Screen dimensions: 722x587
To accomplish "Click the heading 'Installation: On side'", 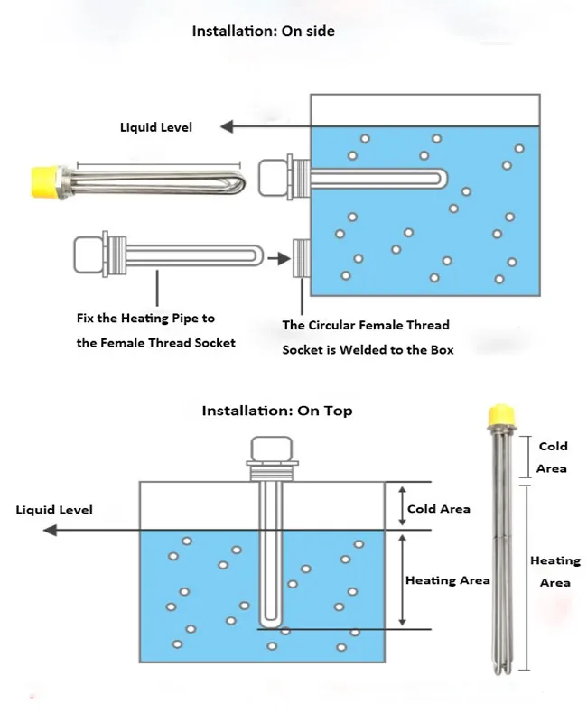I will coord(263,32).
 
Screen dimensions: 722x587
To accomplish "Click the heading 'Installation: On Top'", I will coord(276,411).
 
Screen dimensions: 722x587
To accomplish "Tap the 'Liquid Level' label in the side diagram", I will coord(156,127).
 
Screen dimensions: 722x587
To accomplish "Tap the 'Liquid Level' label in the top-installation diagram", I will coord(54,510).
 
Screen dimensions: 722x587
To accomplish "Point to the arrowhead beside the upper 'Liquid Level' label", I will coord(229,127).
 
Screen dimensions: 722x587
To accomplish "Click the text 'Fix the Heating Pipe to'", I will coord(145,319).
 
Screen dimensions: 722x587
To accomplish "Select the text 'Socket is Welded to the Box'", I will coord(368,349).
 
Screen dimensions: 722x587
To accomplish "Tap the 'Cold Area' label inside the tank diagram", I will coord(438,509).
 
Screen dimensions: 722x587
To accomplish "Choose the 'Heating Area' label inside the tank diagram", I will coord(447,580).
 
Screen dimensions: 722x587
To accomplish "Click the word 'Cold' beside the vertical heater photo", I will coord(553,446).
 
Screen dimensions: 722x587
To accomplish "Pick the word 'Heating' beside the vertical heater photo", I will coord(554,560).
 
